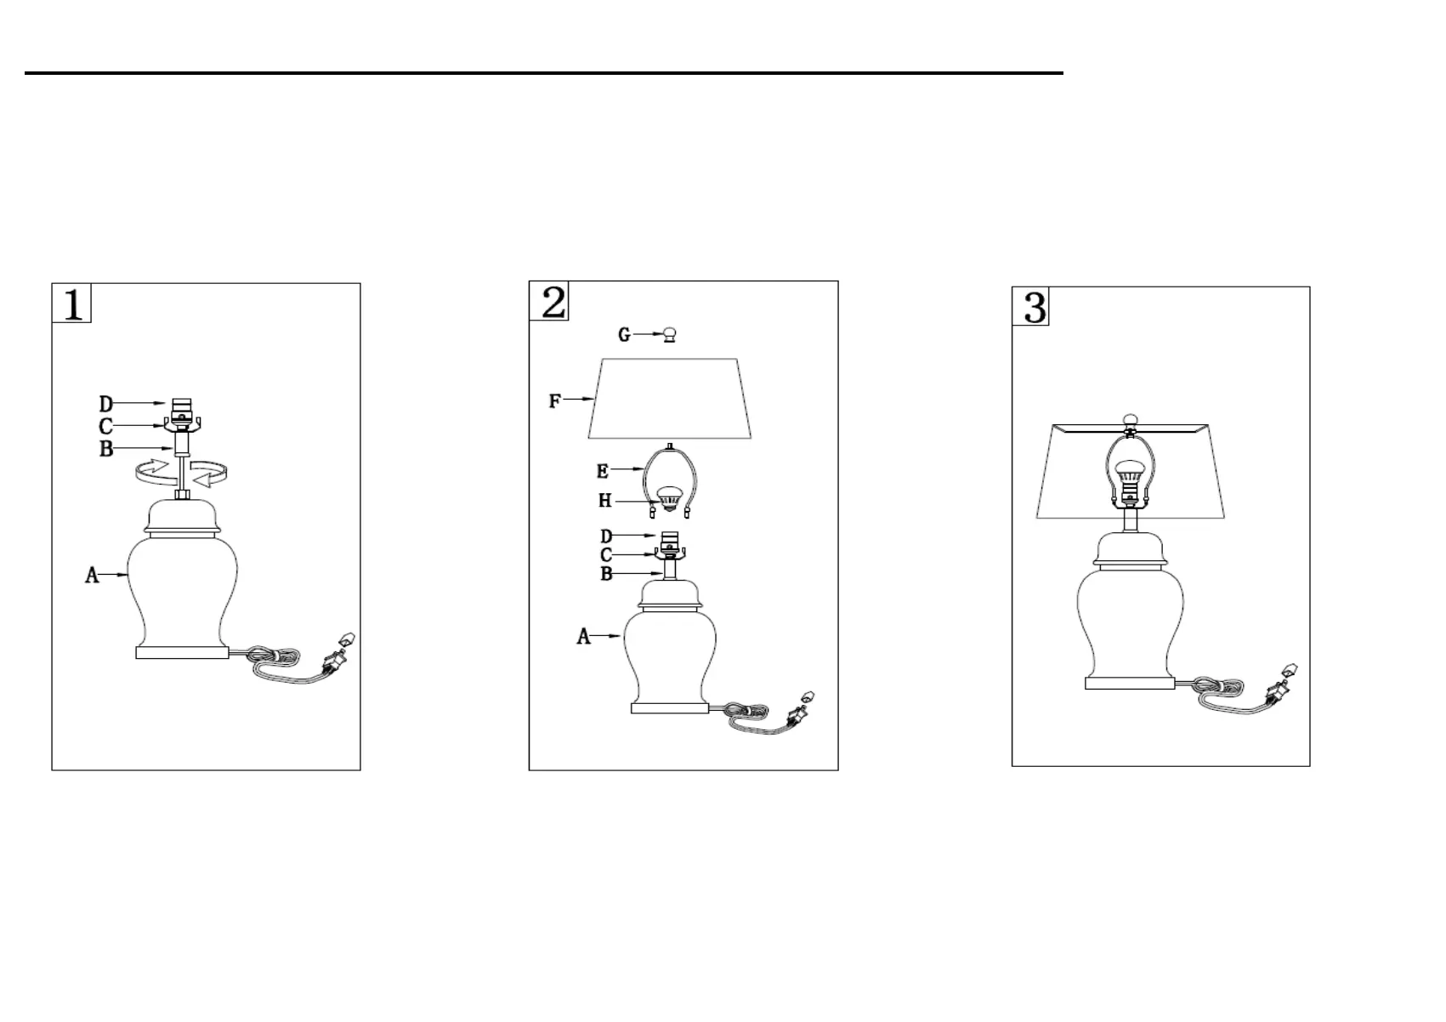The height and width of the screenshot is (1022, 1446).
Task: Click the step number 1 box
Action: tap(72, 304)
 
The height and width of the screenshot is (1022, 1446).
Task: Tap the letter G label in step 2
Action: tap(624, 335)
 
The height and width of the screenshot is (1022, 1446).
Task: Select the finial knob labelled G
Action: tap(671, 335)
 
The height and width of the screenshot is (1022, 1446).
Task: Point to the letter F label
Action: tap(555, 400)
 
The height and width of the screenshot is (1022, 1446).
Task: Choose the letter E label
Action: tap(603, 471)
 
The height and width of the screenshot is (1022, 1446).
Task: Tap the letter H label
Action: tap(604, 501)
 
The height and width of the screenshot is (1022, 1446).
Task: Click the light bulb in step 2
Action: tap(669, 499)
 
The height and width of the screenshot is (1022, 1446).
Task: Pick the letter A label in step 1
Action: tap(92, 576)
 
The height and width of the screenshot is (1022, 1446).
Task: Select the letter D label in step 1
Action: tap(106, 404)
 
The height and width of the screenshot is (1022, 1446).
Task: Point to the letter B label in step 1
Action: tap(106, 449)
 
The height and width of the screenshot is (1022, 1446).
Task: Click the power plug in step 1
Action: tap(336, 658)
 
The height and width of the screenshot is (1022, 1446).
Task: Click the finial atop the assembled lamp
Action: tap(1130, 419)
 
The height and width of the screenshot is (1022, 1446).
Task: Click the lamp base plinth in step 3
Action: tap(1130, 682)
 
